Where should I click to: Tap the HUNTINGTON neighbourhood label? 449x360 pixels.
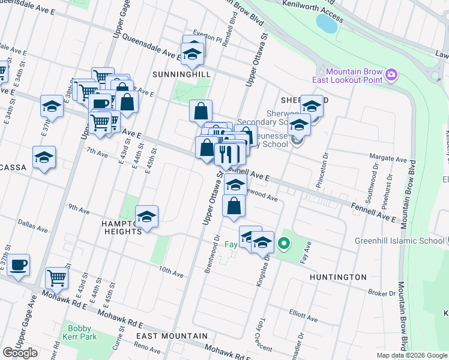tap(338, 277)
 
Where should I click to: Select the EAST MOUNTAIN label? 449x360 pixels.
tap(172, 336)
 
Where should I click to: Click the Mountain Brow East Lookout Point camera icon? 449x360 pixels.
tap(391, 74)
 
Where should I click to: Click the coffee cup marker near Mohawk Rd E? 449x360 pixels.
tap(19, 264)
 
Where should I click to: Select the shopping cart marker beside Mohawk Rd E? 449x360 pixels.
tap(56, 278)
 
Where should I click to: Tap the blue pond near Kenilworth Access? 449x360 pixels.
tap(327, 23)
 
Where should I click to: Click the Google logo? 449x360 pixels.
tap(20, 353)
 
